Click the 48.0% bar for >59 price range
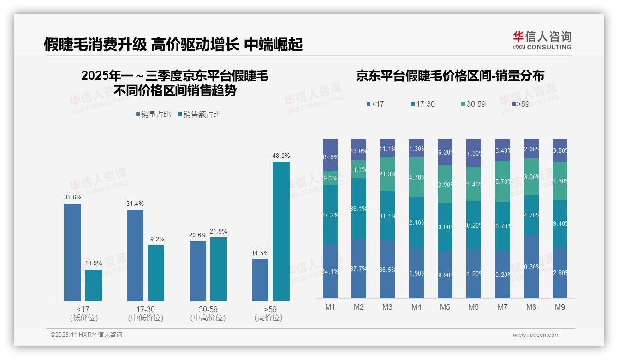(281, 231)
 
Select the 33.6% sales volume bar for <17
(72, 252)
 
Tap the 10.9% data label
(93, 264)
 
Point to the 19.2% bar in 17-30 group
(156, 273)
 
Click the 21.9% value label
(218, 231)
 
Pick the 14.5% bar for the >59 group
(260, 280)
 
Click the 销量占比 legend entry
(154, 114)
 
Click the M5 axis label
(445, 307)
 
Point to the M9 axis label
(559, 307)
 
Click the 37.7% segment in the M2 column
(358, 268)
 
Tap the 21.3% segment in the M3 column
(387, 174)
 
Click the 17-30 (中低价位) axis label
(146, 313)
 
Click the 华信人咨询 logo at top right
(542, 40)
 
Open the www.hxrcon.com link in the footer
(536, 335)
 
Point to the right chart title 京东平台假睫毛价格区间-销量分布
(450, 76)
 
